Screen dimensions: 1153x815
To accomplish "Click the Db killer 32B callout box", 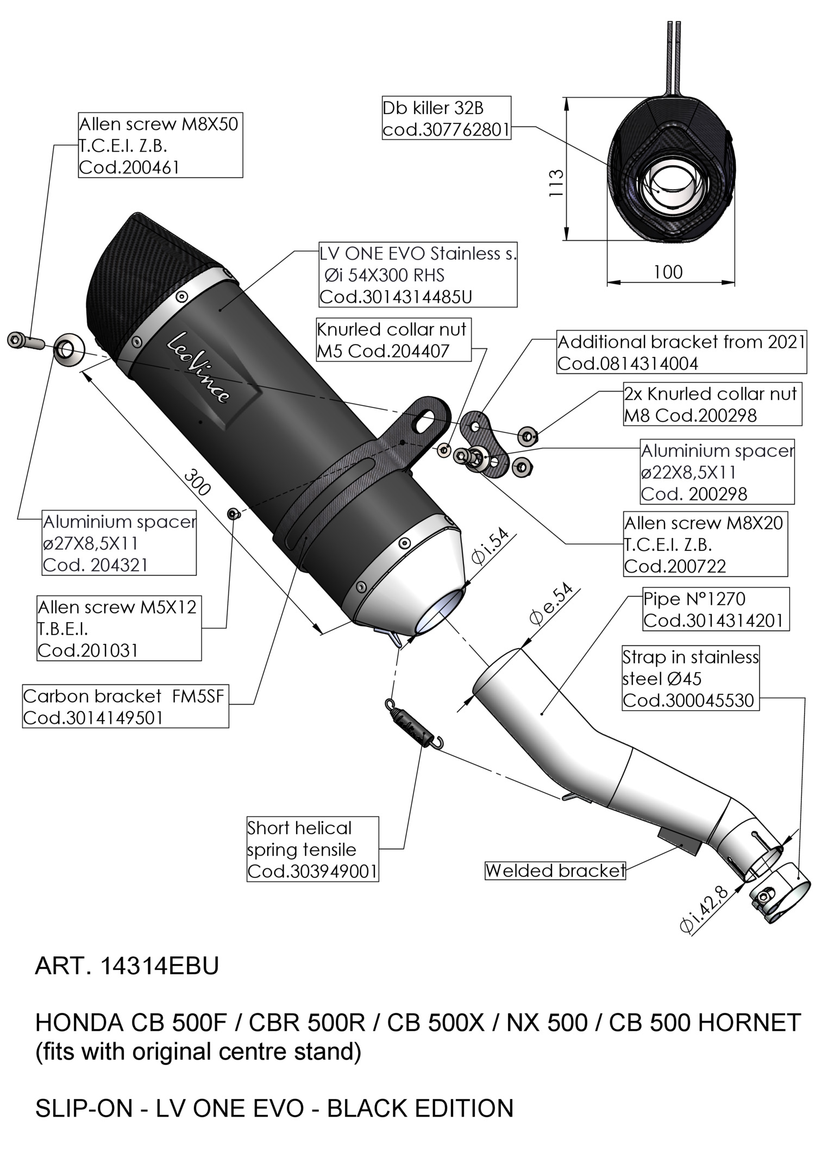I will [446, 118].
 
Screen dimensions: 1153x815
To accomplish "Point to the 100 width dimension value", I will [668, 272].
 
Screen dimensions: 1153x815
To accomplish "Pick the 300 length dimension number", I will [197, 482].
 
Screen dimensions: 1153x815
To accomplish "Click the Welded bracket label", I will [555, 870].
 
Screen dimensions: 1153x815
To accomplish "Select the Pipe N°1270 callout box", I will [716, 609].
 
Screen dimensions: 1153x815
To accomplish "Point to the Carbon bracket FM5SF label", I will [125, 707].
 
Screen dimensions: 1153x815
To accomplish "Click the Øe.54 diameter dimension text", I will [550, 604].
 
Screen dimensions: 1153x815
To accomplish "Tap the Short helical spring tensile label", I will [312, 849].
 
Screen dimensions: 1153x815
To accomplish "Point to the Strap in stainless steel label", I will [690, 678].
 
